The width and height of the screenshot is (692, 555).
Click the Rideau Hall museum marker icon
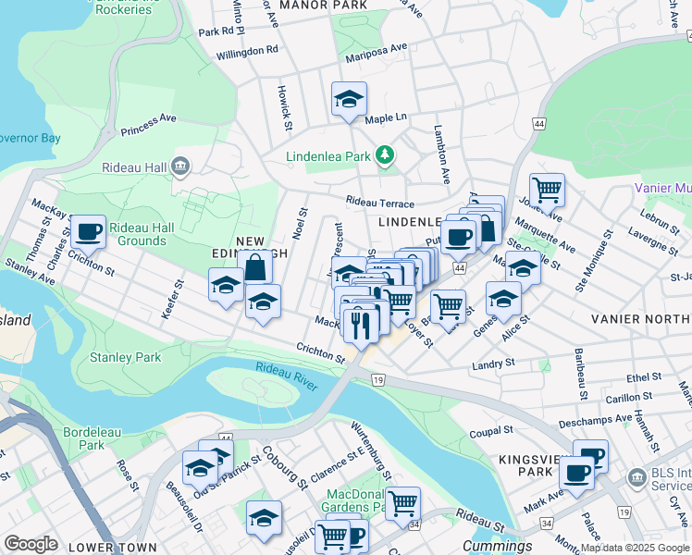click(x=181, y=166)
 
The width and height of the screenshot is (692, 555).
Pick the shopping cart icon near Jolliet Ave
click(x=547, y=191)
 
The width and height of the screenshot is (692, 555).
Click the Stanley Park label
click(x=125, y=357)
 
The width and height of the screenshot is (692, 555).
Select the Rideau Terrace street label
click(x=380, y=202)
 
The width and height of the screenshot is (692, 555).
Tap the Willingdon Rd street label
click(x=247, y=52)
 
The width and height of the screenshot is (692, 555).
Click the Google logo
click(x=31, y=543)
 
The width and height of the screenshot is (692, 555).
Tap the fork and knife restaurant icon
click(x=360, y=324)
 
